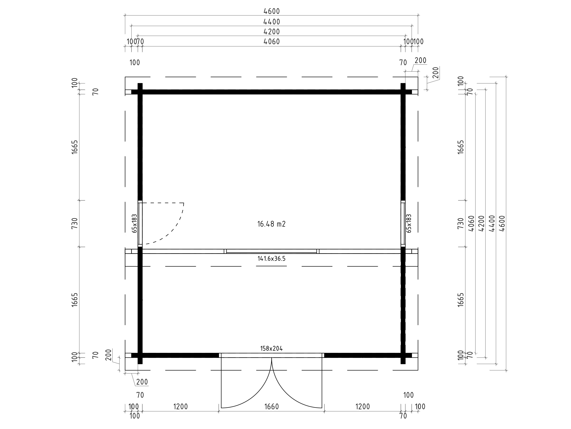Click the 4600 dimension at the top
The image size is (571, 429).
272,11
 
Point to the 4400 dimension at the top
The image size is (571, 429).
272,22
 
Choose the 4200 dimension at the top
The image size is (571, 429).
272,32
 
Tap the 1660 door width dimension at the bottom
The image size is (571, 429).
272,407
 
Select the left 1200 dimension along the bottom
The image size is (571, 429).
180,407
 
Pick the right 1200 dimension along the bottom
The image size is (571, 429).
363,407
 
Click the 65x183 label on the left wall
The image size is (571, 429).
134,223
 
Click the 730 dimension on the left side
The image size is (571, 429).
75,223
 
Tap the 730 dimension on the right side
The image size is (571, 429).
461,223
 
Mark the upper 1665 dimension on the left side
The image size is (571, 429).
75,147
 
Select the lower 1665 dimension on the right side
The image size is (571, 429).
461,300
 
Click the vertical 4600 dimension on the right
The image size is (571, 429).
502,223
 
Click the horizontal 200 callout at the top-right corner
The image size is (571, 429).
421,60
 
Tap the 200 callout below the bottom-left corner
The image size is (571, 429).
142,382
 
